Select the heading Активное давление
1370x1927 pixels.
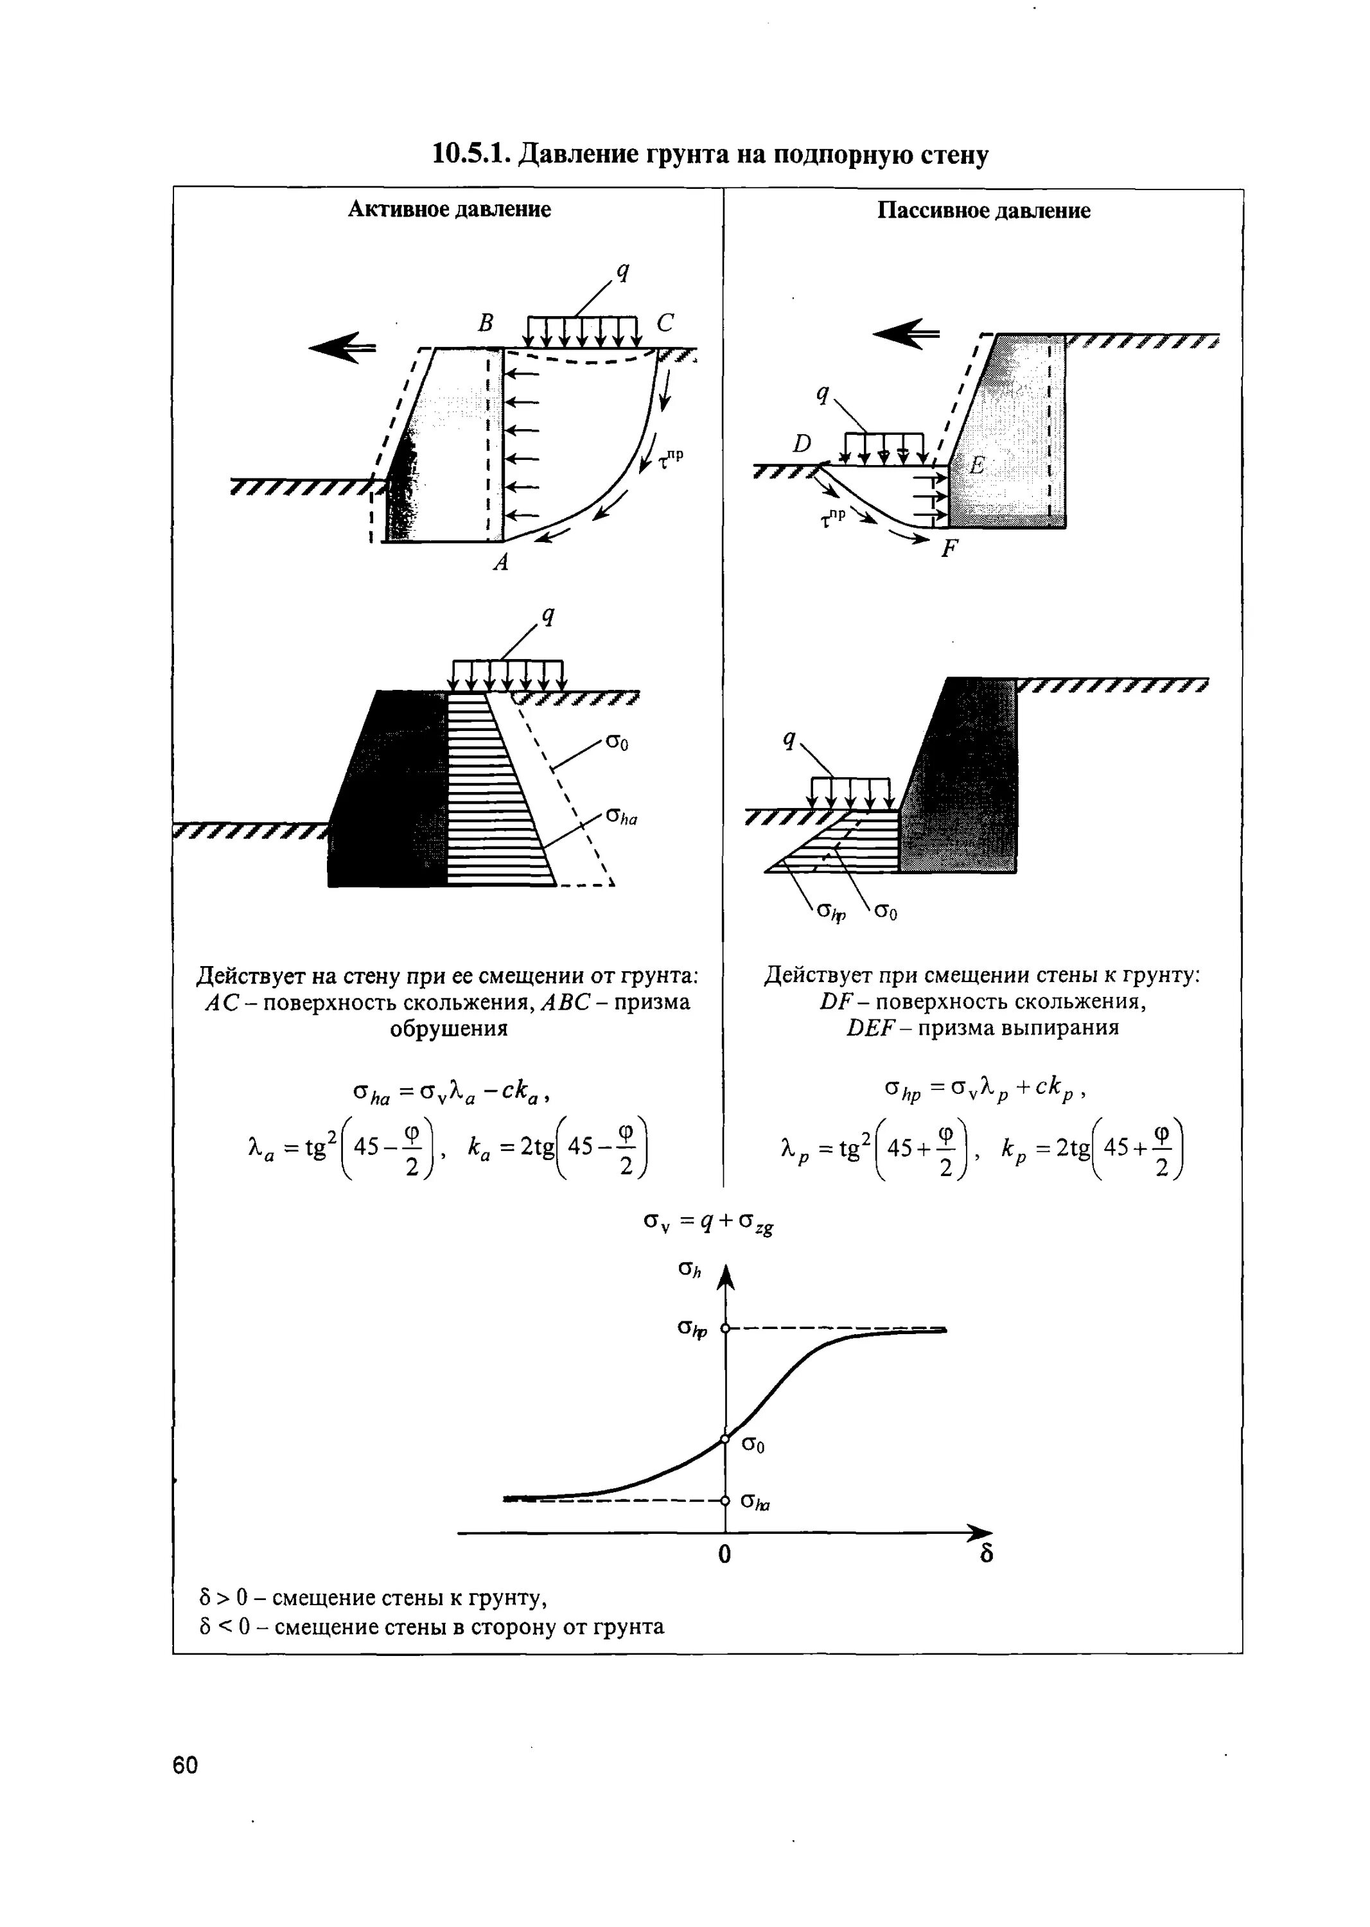(449, 209)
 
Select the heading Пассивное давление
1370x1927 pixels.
(983, 210)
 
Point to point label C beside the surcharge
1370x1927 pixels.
(665, 323)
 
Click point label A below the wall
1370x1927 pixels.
(501, 562)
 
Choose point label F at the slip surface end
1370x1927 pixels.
(950, 550)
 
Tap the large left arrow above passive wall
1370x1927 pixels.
(905, 333)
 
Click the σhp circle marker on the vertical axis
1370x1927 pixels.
(725, 1330)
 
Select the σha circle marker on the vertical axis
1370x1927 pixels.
(725, 1501)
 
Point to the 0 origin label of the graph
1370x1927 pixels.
(724, 1554)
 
